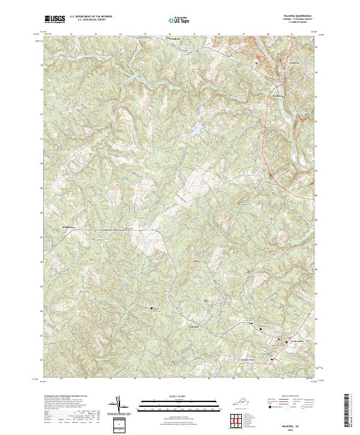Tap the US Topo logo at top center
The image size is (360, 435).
click(x=180, y=20)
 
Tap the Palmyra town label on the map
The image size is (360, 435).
click(x=277, y=62)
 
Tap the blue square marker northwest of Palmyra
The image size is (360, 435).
click(x=257, y=62)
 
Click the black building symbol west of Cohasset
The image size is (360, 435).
click(x=151, y=308)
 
